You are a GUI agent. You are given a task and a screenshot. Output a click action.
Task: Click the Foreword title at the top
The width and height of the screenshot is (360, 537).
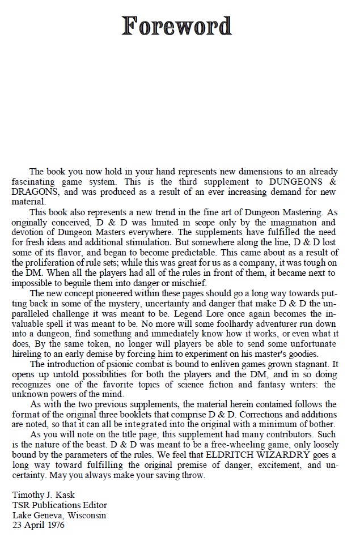pos(177,26)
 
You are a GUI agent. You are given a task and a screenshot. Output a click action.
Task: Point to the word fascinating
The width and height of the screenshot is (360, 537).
pos(37,182)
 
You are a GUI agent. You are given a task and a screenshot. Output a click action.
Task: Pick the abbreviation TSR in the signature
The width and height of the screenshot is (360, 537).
pos(22,505)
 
